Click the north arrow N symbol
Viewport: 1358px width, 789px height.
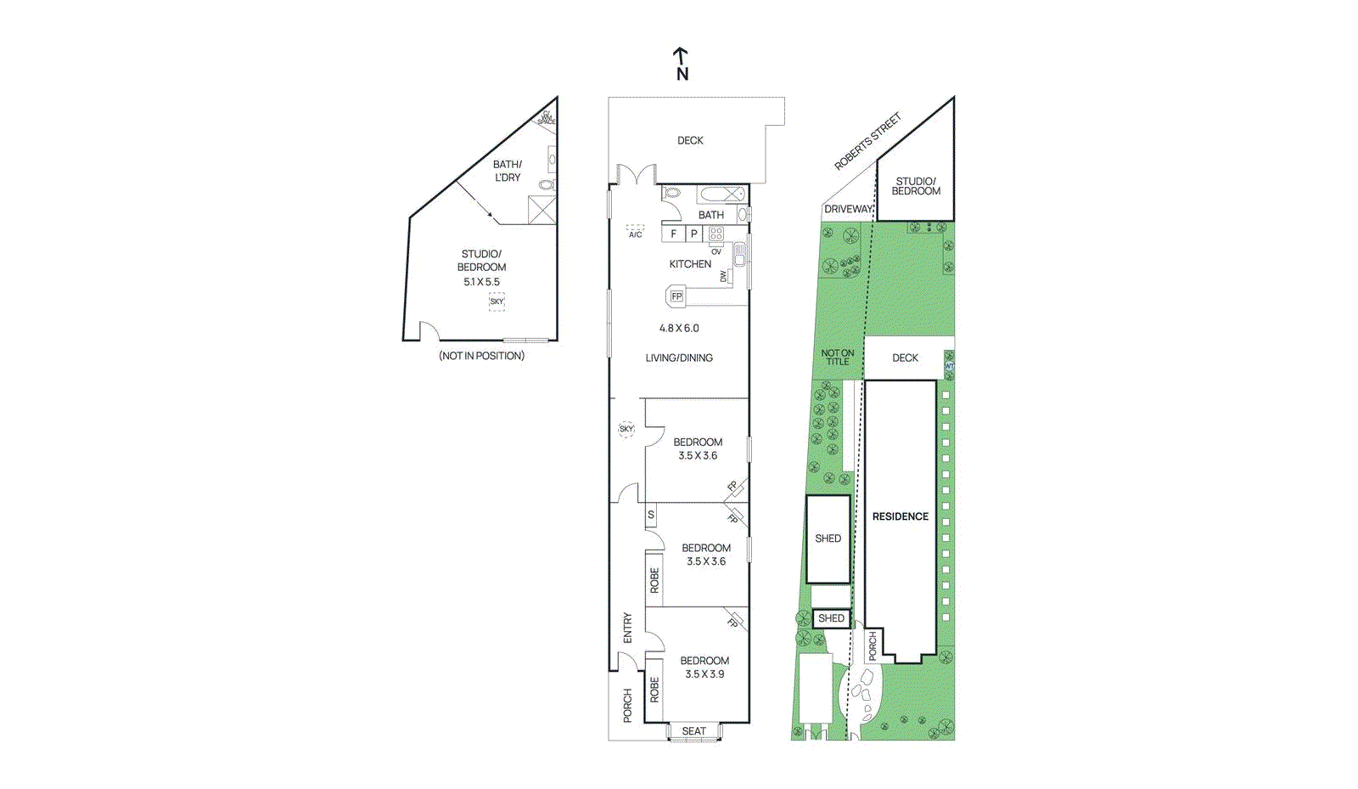(x=682, y=65)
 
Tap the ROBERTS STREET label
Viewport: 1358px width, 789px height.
(x=867, y=141)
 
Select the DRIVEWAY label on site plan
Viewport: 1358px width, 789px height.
(x=848, y=209)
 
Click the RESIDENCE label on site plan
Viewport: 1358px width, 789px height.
(x=900, y=516)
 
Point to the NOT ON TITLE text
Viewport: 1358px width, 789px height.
(x=837, y=358)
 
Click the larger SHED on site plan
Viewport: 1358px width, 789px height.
(x=828, y=538)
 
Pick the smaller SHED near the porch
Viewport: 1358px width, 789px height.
(x=831, y=618)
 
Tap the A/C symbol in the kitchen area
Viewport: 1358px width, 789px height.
(x=635, y=231)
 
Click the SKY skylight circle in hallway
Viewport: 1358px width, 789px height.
(x=626, y=429)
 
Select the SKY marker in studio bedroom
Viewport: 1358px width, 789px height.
(x=497, y=302)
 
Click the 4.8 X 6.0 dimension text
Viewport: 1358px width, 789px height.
(x=679, y=328)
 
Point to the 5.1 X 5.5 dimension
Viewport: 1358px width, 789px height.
(x=481, y=282)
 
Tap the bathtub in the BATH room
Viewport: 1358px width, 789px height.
(x=722, y=194)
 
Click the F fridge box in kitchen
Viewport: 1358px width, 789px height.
(x=674, y=234)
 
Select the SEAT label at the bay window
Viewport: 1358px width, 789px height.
(x=693, y=731)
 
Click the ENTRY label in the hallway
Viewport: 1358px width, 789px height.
(x=627, y=628)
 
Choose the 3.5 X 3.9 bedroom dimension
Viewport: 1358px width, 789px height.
(x=704, y=674)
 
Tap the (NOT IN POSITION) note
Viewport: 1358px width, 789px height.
(x=481, y=356)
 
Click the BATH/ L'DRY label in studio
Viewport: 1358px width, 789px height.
(x=507, y=171)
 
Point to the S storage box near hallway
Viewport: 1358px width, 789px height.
(x=651, y=515)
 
